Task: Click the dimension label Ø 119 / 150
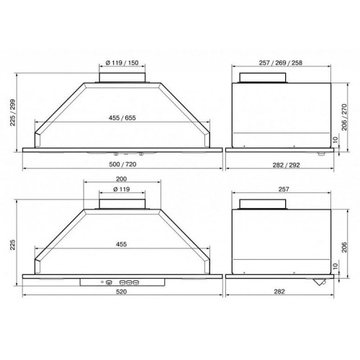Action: [x=122, y=63]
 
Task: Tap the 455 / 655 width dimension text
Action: [x=122, y=118]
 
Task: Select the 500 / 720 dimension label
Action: [x=122, y=164]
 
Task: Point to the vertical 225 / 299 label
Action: [x=13, y=112]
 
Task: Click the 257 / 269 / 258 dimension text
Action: [x=281, y=63]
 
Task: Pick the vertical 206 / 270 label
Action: [x=344, y=117]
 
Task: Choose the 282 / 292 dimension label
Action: [x=286, y=165]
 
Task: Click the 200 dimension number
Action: [x=122, y=179]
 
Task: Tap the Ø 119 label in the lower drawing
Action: [x=122, y=189]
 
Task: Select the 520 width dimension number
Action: [x=122, y=292]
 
